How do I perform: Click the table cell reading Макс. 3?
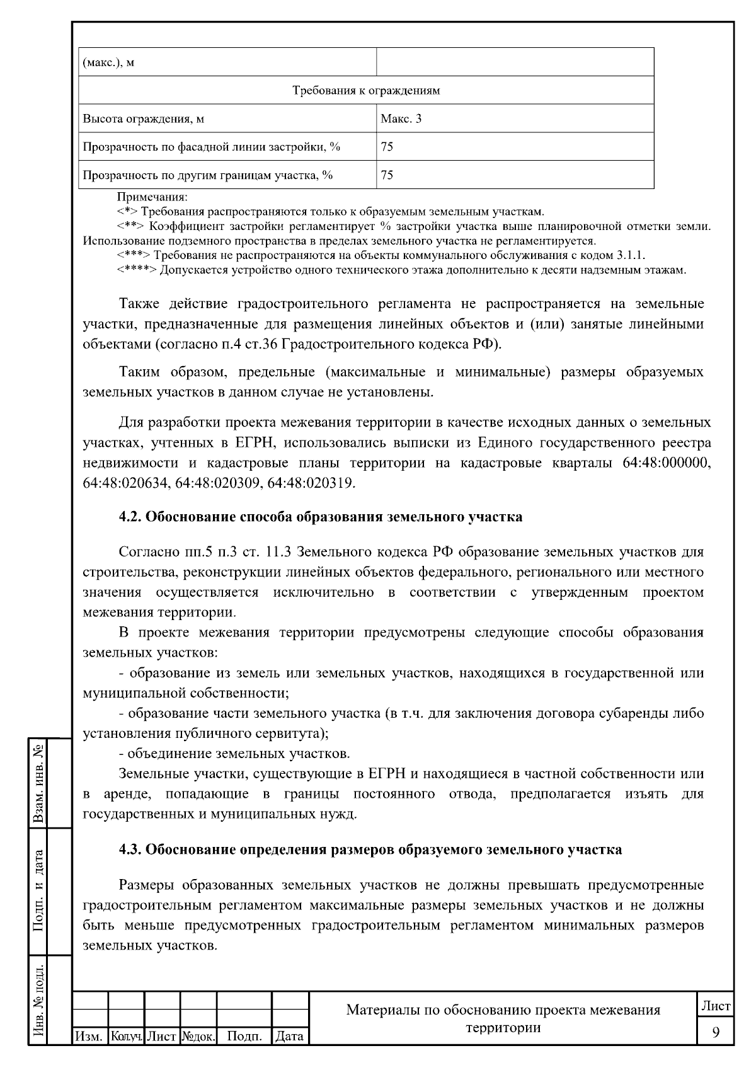(x=401, y=118)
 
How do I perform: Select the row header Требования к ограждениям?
(x=366, y=90)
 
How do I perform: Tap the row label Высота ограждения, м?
(x=144, y=118)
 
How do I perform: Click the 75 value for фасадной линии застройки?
(x=387, y=147)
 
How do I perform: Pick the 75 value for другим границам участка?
(x=387, y=175)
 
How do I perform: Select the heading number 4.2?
(x=130, y=517)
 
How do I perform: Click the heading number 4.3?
(x=130, y=849)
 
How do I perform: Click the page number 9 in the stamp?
(x=716, y=1032)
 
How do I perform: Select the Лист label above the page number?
(x=716, y=1006)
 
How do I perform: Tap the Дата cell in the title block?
(x=290, y=1036)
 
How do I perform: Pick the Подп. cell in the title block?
(x=244, y=1036)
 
